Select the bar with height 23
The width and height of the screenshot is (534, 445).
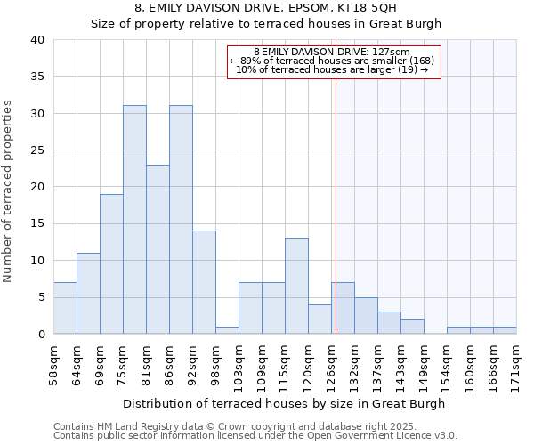(x=158, y=249)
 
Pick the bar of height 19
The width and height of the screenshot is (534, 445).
(x=111, y=263)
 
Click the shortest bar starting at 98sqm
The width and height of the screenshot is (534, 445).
(x=227, y=330)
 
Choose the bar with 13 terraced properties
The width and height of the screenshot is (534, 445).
(x=296, y=286)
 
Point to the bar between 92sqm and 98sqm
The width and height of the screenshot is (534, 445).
(x=204, y=282)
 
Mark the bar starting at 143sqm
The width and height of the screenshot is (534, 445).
(x=412, y=326)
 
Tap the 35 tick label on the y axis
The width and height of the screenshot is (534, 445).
(x=36, y=77)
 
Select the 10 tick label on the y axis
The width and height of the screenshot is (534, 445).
(x=36, y=261)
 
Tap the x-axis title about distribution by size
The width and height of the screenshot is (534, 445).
(x=284, y=403)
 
